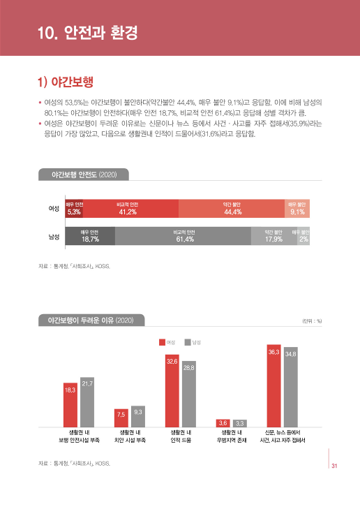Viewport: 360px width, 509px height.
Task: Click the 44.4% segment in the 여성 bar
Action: click(232, 209)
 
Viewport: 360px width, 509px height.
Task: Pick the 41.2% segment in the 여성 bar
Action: click(130, 209)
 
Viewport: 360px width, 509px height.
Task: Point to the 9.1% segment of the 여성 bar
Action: click(297, 209)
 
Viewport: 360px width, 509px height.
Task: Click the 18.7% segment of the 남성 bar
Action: click(89, 237)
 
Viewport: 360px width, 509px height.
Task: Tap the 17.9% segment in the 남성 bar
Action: click(273, 237)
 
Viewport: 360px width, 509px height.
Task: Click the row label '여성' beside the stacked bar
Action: click(53, 209)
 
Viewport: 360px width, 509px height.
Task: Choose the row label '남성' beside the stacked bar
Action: click(53, 237)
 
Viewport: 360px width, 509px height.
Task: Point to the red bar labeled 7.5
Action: click(121, 418)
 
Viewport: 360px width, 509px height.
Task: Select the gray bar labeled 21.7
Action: click(87, 403)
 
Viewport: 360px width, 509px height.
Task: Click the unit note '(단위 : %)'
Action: click(311, 321)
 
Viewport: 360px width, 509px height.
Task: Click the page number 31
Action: click(335, 466)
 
